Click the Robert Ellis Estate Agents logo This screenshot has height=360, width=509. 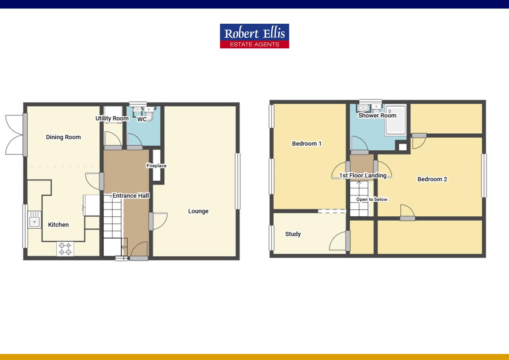point(254,36)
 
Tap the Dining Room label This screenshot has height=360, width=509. point(63,137)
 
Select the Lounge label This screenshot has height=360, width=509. point(198,211)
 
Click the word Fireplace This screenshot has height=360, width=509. point(156,166)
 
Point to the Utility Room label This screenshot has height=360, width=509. point(112,118)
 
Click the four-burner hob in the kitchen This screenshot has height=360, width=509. point(65,248)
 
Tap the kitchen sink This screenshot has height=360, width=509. point(34,221)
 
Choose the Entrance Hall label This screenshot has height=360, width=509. point(131,196)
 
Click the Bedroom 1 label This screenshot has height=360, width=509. point(306,144)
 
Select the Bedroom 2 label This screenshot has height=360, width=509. point(432,179)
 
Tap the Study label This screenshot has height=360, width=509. point(293,234)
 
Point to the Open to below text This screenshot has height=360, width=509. point(372,199)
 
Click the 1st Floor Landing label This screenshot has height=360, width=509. point(363,175)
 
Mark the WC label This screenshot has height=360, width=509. point(142,119)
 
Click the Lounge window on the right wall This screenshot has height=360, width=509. point(238,181)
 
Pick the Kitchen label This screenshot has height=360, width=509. point(58,225)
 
